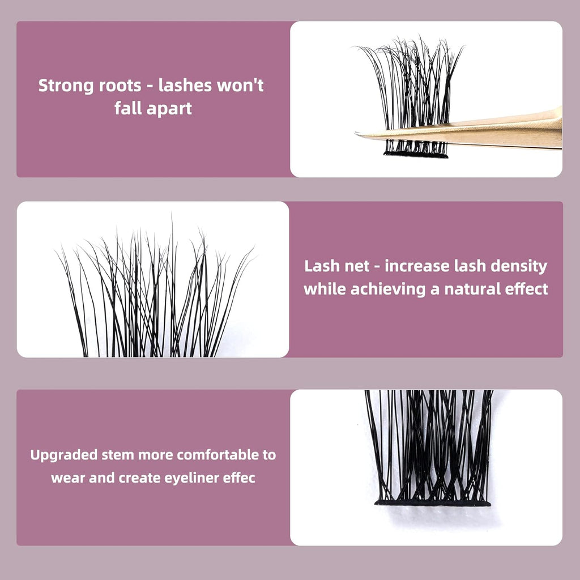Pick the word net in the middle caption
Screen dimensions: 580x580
pyautogui.click(x=359, y=266)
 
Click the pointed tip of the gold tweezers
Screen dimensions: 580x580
pyautogui.click(x=357, y=135)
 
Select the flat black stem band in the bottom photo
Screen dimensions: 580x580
pyautogui.click(x=432, y=502)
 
